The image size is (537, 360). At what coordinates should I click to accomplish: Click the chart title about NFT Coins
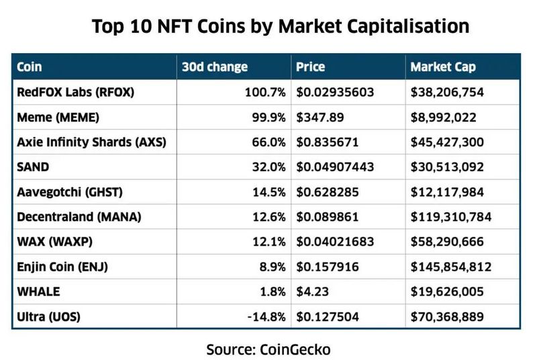[280, 27]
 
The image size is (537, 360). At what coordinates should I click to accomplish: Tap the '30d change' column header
[214, 67]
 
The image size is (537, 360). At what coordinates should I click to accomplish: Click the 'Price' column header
[310, 67]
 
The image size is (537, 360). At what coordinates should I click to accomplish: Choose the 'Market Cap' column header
[442, 67]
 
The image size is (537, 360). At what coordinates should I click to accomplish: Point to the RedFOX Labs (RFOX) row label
[75, 93]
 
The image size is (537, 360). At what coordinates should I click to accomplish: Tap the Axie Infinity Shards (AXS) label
[91, 142]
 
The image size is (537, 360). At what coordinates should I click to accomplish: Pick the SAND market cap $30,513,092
[447, 167]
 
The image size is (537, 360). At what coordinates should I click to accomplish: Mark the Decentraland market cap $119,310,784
[450, 217]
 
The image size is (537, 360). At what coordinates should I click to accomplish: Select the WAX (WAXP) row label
[56, 242]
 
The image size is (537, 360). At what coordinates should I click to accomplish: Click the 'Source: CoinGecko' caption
[268, 349]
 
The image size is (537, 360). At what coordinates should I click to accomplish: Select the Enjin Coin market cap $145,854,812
[450, 267]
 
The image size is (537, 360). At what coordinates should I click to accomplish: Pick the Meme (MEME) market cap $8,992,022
[444, 118]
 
